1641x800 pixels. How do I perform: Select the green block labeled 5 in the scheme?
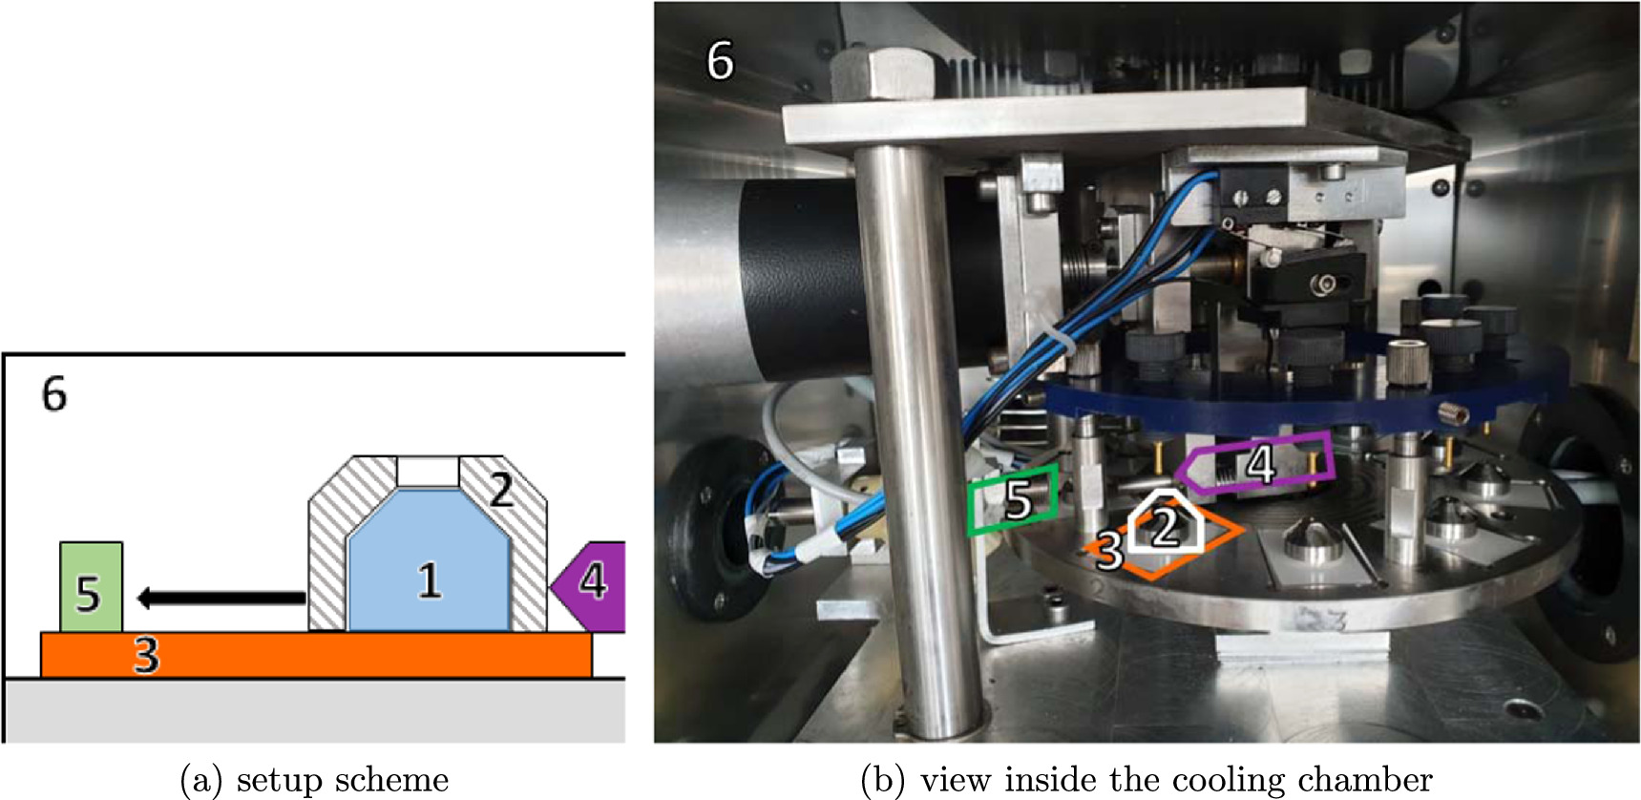tap(90, 588)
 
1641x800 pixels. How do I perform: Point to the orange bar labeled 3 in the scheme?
tap(315, 655)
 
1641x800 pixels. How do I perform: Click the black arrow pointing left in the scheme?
tap(220, 599)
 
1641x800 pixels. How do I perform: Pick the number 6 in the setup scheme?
tap(54, 394)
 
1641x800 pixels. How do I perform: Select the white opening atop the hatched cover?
tap(428, 471)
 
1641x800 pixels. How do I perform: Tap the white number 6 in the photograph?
tap(720, 62)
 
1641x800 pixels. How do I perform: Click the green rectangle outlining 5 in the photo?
tap(1013, 498)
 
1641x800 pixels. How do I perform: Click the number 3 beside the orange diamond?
tap(1108, 551)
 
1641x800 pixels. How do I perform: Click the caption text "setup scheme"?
tap(342, 780)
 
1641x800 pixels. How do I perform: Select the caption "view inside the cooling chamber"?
tap(1174, 780)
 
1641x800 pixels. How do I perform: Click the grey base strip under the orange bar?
tap(315, 711)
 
